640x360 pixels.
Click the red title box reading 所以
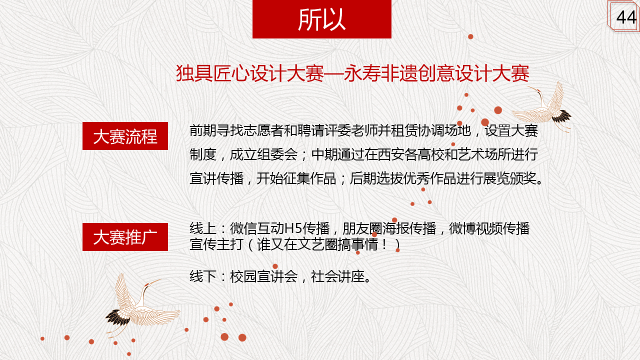(321, 19)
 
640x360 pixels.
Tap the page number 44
(626, 17)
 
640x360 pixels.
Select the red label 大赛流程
(125, 136)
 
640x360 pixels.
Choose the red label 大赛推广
(125, 237)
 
